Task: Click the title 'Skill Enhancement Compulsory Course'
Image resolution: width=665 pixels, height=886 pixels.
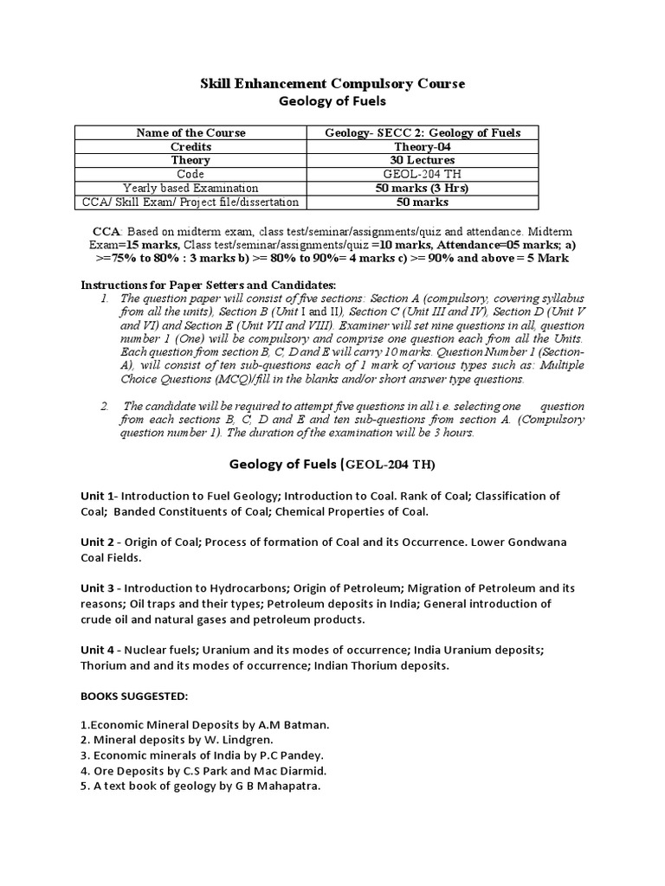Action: [x=333, y=83]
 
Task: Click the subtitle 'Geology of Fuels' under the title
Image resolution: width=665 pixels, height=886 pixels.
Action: [x=332, y=100]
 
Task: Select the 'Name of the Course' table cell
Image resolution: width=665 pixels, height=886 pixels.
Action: [x=191, y=132]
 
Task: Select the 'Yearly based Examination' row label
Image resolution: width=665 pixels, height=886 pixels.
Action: [x=191, y=188]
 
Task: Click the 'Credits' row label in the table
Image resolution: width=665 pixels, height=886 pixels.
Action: [x=191, y=146]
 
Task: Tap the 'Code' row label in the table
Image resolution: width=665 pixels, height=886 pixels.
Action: [x=191, y=174]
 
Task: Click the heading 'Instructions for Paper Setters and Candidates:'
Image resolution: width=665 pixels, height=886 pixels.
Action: [x=207, y=286]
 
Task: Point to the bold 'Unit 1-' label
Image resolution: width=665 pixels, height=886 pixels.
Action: [x=100, y=496]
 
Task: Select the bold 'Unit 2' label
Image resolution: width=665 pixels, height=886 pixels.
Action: [x=98, y=543]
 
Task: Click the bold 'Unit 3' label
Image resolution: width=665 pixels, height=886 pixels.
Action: [x=98, y=588]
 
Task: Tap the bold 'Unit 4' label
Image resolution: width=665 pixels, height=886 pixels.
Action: [x=98, y=649]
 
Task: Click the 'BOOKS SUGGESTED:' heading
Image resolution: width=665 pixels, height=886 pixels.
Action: [x=133, y=695]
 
